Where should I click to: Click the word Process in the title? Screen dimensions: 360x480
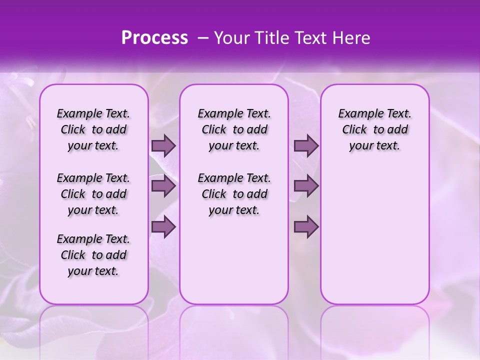coord(154,38)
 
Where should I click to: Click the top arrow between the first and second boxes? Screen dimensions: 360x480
coord(163,146)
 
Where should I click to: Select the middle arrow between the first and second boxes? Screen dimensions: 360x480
coord(163,186)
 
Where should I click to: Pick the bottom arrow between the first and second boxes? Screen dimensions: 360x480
coord(163,227)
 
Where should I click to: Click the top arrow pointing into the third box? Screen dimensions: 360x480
coord(306,146)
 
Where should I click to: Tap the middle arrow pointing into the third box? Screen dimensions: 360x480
coord(306,186)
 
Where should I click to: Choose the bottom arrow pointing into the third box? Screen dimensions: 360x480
coord(306,227)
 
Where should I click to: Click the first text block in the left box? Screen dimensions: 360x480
coord(93,129)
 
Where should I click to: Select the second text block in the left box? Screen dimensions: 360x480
coord(93,194)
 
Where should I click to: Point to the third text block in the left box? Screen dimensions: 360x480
coord(93,255)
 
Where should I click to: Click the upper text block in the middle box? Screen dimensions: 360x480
coord(234,129)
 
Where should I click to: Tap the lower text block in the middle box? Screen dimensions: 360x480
coord(234,194)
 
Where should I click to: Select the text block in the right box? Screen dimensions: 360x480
coord(374,129)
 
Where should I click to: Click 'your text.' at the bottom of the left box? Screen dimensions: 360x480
coord(93,271)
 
